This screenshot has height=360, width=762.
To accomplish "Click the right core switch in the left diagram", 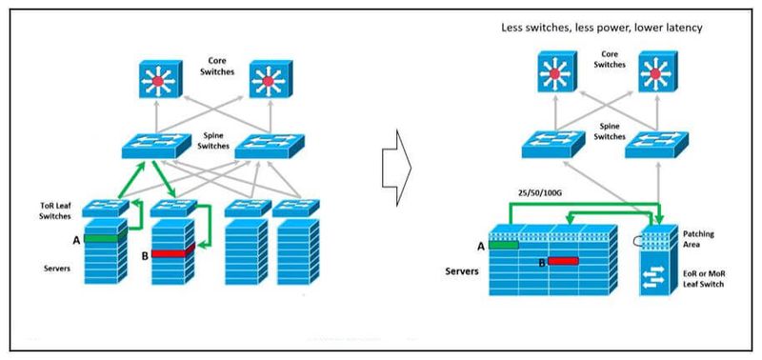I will (268, 82).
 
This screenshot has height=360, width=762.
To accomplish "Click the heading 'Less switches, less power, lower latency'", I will (602, 29).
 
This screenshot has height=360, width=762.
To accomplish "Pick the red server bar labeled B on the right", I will (563, 259).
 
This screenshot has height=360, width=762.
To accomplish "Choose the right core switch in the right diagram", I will (658, 70).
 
